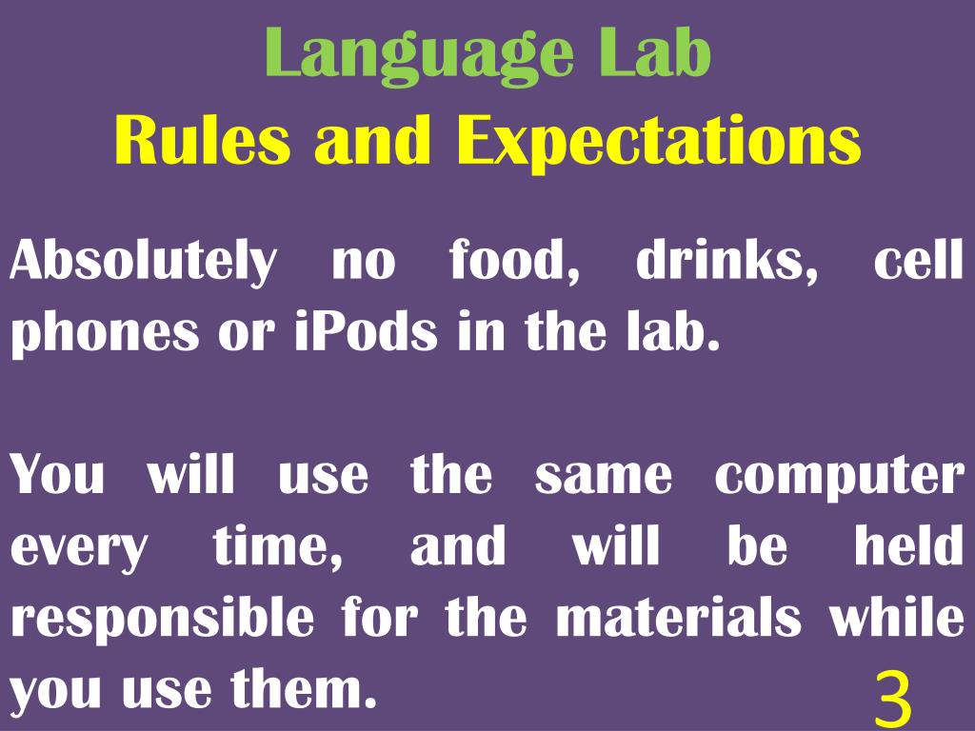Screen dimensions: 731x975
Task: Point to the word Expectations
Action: (658, 143)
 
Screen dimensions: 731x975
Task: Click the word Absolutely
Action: (141, 262)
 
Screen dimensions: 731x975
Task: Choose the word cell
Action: (918, 262)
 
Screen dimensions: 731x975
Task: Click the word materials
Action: (678, 619)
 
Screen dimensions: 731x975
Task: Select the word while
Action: (896, 619)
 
